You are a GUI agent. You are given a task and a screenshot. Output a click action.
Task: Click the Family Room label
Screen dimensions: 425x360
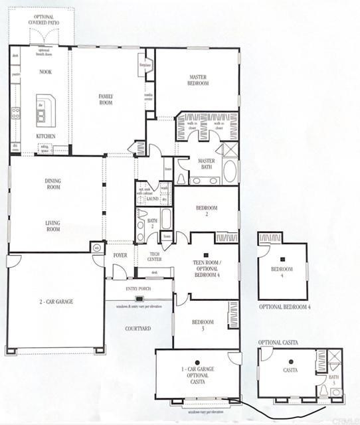pyautogui.click(x=105, y=99)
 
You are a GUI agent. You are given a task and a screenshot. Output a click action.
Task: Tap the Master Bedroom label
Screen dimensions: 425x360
pyautogui.click(x=199, y=80)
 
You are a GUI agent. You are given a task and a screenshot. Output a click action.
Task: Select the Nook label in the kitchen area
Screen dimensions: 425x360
pyautogui.click(x=45, y=71)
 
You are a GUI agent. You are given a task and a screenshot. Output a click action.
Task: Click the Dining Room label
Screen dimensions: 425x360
pyautogui.click(x=53, y=183)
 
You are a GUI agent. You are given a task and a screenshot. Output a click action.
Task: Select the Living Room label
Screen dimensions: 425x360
pyautogui.click(x=53, y=226)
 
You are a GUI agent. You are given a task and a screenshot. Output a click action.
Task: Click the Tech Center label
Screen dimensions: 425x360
pyautogui.click(x=153, y=256)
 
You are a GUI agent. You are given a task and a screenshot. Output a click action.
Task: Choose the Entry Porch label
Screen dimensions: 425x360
pyautogui.click(x=139, y=289)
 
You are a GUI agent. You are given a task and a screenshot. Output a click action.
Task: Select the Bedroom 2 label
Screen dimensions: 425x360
pyautogui.click(x=206, y=212)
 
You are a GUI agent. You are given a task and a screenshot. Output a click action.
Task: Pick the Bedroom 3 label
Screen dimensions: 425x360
pyautogui.click(x=203, y=325)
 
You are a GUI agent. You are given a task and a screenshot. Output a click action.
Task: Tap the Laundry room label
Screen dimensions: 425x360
pyautogui.click(x=153, y=198)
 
